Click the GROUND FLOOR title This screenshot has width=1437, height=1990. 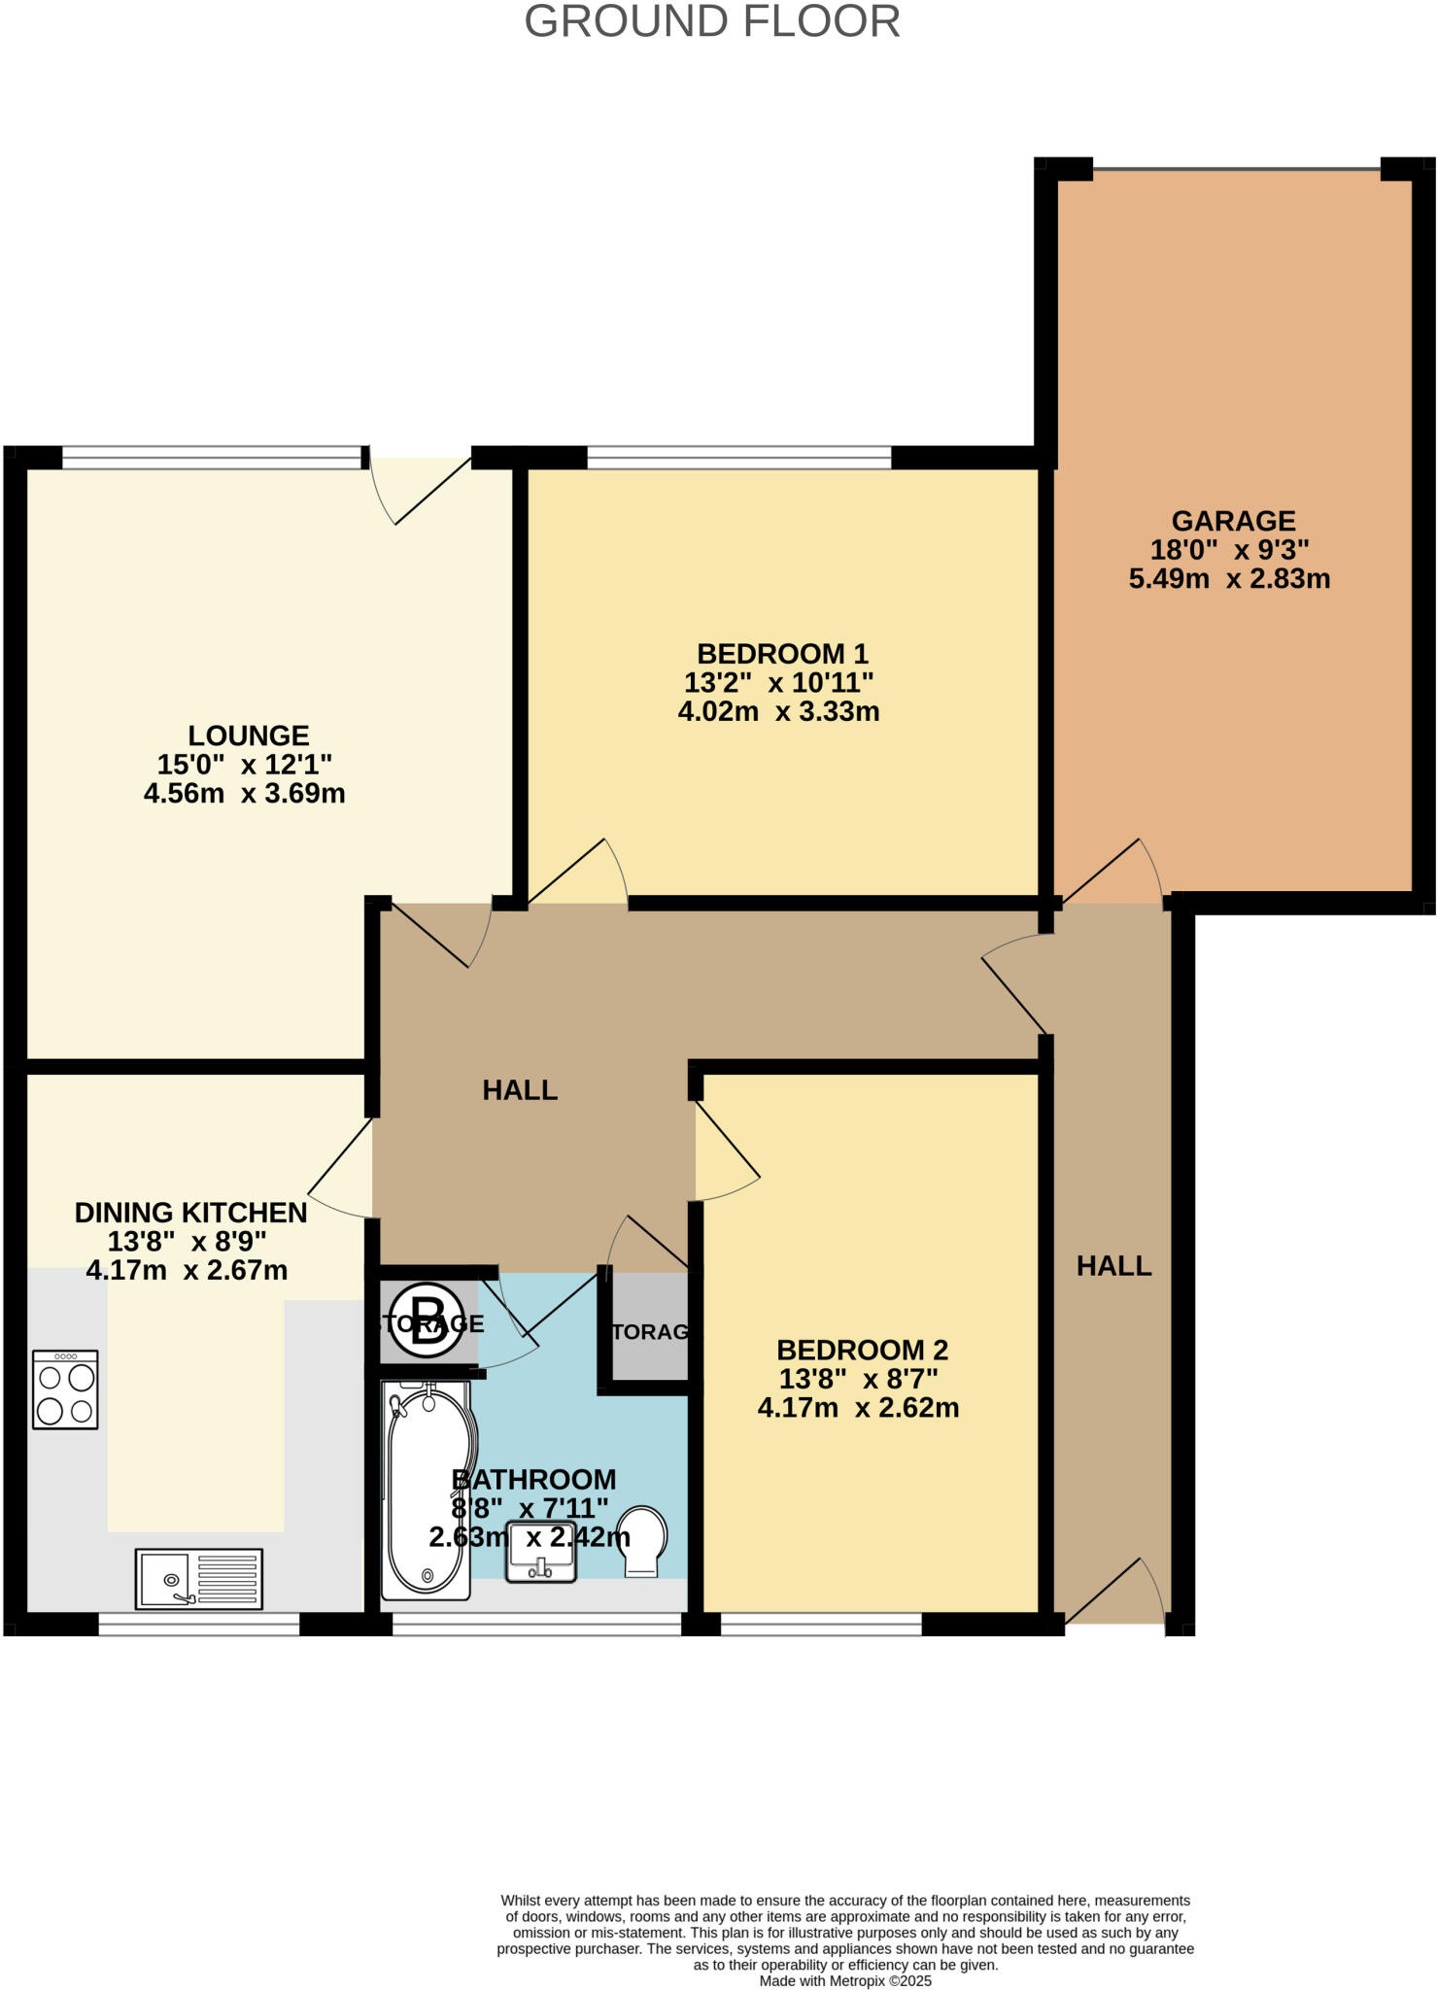click(712, 22)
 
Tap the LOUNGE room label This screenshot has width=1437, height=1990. click(248, 736)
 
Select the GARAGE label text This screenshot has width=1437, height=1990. click(1233, 522)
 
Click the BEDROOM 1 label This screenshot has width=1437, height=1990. click(782, 654)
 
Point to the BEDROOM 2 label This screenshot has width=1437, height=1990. click(862, 1350)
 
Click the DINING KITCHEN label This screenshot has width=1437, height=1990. click(190, 1213)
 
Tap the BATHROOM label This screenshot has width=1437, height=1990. click(534, 1479)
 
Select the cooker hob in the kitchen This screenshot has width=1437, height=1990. click(65, 1390)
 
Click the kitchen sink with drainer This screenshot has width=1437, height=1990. click(199, 1578)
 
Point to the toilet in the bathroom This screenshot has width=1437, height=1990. click(642, 1541)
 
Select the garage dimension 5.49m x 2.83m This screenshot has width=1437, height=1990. click(1229, 579)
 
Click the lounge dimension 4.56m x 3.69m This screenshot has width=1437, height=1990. click(244, 794)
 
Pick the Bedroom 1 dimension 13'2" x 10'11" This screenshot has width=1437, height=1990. click(779, 682)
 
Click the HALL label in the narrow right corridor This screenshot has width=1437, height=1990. click(1113, 1266)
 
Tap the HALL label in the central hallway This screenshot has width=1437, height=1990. click(520, 1090)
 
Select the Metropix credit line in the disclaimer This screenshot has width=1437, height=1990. click(845, 1981)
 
